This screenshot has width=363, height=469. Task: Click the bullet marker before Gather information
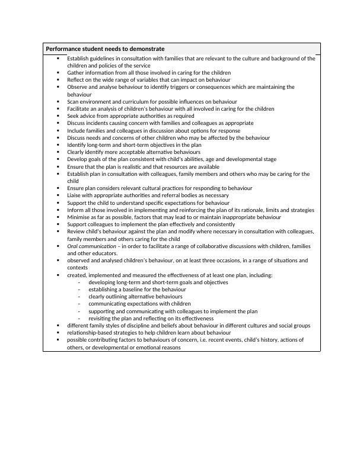(58, 73)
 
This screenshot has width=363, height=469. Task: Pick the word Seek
(73, 116)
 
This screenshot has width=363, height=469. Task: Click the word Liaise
(75, 195)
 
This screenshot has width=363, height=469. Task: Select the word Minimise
(79, 217)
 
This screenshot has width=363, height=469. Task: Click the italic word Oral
(73, 246)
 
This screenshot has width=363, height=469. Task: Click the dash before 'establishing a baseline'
(79, 290)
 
